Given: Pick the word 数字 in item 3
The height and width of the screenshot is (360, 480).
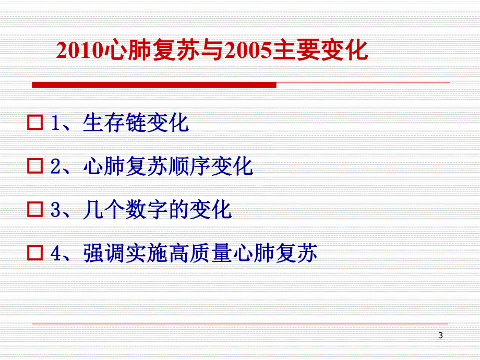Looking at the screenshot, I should [x=147, y=210].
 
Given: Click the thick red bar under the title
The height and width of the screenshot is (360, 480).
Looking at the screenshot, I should [x=154, y=85].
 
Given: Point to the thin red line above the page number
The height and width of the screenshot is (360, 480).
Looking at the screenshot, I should [x=240, y=323].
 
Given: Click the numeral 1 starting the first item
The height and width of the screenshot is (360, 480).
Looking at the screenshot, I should [x=56, y=123].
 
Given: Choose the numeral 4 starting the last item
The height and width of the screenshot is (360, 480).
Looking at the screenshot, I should [x=56, y=254].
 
